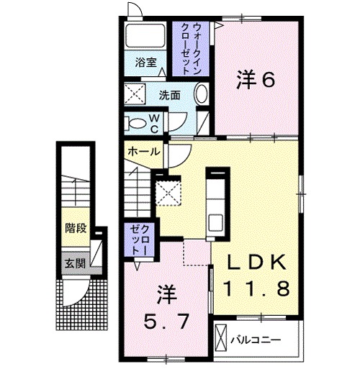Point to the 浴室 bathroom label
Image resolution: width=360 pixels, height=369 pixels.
click(146, 63)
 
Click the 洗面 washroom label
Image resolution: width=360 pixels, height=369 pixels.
click(169, 94)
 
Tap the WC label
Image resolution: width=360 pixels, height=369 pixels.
click(154, 123)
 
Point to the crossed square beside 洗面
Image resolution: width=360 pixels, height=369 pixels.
click(135, 94)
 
